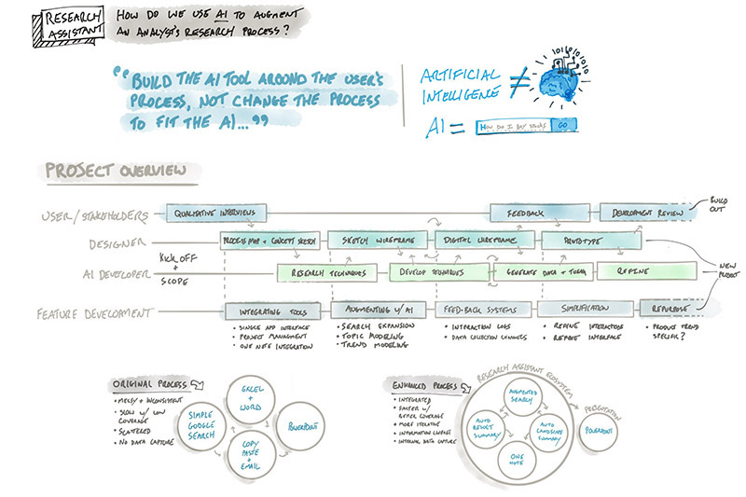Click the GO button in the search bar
point(564,125)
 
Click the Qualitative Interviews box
point(215,213)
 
